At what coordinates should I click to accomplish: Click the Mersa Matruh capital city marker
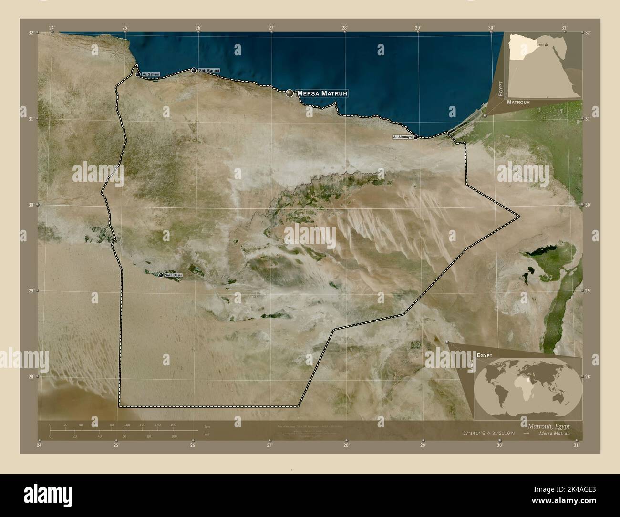289,93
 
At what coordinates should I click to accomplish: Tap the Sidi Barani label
209,71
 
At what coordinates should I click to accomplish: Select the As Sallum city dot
138,75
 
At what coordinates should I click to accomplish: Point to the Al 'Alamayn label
402,137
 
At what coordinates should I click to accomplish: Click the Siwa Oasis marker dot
161,275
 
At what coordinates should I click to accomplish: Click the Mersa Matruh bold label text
322,93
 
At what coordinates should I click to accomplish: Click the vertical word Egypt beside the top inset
501,89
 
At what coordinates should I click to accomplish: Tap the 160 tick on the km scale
173,424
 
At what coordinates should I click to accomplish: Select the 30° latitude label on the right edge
588,205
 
